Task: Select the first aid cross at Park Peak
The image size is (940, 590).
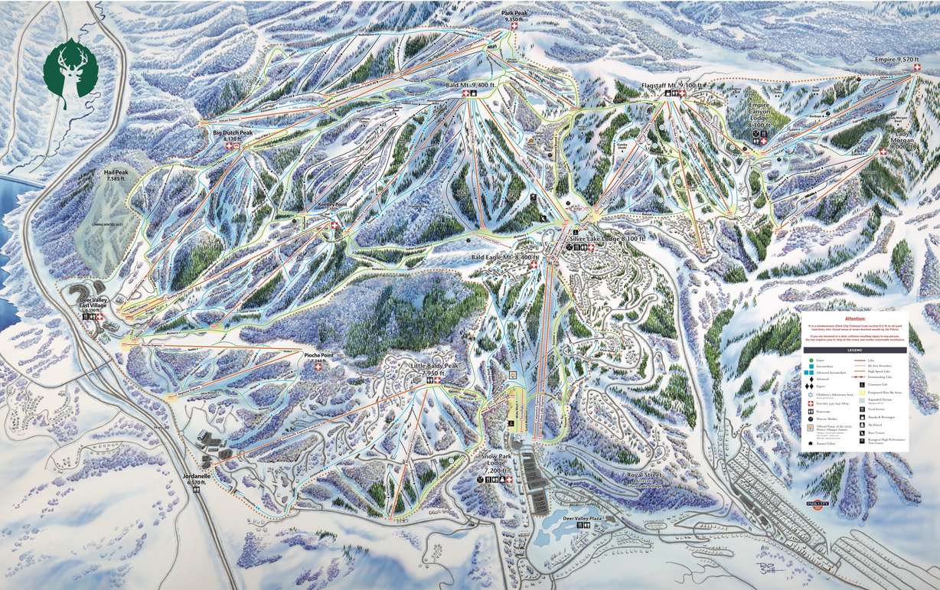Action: pos(514,27)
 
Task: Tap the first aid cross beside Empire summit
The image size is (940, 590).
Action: pos(916,68)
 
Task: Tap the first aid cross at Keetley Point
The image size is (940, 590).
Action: pos(334,225)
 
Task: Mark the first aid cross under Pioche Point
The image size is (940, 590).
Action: pos(318,368)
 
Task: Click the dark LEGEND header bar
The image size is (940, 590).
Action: pos(854,350)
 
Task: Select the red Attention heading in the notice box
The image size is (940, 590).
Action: pos(855,318)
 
